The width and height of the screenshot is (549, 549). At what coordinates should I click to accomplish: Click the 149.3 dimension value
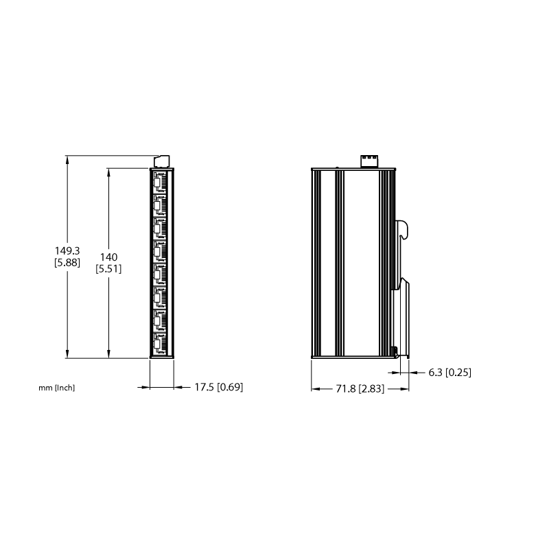coord(67,250)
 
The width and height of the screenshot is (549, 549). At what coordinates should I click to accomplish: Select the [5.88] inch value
coord(67,262)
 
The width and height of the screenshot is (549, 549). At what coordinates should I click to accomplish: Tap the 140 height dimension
coord(108,257)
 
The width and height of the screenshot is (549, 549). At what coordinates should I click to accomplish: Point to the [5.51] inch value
coord(108,269)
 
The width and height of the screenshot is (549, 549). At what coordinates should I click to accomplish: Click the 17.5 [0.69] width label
coord(219,387)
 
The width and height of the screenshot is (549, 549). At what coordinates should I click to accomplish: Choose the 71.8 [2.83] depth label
coord(360,389)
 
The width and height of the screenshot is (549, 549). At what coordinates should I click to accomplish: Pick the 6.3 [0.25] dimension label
coord(450,373)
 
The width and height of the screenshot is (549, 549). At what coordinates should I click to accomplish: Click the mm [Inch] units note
coord(57,388)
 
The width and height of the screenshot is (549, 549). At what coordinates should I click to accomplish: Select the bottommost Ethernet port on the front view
coord(160,344)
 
